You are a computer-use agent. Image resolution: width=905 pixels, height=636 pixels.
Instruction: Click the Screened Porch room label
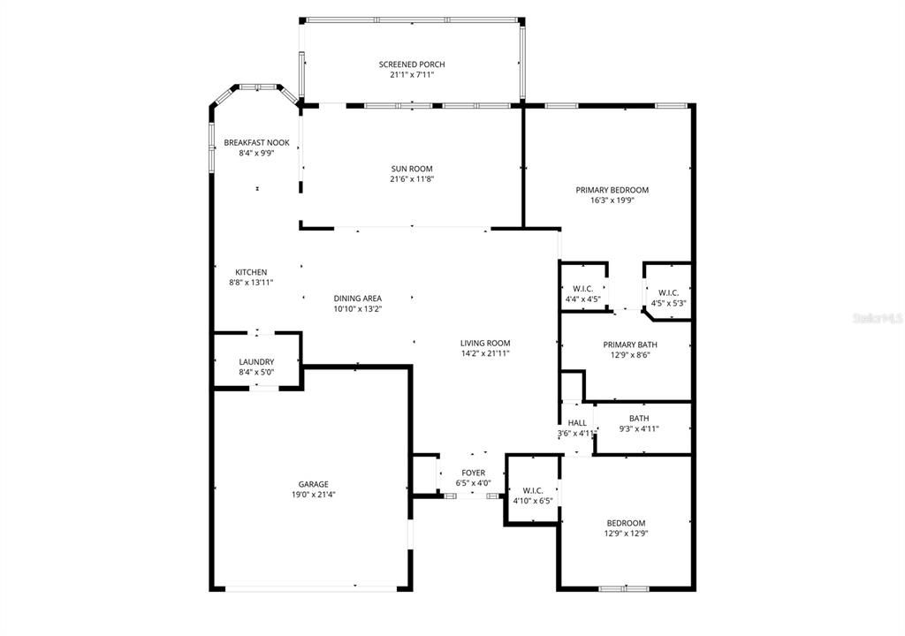coord(412,64)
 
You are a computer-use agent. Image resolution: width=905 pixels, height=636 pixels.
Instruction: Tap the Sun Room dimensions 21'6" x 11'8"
coord(412,179)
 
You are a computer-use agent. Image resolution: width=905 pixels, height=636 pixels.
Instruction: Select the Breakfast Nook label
coord(256,142)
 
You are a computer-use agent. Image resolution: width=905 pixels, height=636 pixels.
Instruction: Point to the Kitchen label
coord(251,272)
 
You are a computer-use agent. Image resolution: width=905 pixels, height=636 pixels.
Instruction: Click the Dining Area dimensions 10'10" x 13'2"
coord(358,309)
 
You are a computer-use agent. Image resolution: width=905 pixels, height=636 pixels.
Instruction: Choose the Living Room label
coord(485,343)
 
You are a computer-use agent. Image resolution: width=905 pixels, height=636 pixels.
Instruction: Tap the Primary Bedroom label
coord(612,190)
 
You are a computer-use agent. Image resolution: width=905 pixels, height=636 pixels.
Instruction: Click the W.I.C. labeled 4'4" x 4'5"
coord(582,289)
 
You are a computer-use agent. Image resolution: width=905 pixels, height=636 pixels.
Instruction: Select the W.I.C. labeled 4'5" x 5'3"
coord(668,292)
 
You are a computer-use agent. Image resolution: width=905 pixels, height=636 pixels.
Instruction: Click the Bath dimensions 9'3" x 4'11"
coord(639,429)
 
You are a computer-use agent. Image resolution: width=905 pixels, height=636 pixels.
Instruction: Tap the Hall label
coord(577,423)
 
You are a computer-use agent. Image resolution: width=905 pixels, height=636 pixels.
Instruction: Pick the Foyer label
coord(474,473)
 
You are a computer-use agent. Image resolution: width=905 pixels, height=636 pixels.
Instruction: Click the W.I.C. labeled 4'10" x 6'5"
coord(532,490)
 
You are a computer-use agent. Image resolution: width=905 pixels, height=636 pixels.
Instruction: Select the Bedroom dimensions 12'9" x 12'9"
coord(626,534)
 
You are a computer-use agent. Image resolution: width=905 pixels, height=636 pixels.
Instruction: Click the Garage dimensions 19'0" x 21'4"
coord(314,495)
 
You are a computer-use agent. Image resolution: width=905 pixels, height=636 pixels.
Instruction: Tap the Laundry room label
coord(256,361)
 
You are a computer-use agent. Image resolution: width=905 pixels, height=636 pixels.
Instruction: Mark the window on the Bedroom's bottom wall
coord(624,588)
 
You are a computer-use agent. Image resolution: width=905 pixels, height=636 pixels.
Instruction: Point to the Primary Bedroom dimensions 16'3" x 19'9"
coord(612,201)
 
